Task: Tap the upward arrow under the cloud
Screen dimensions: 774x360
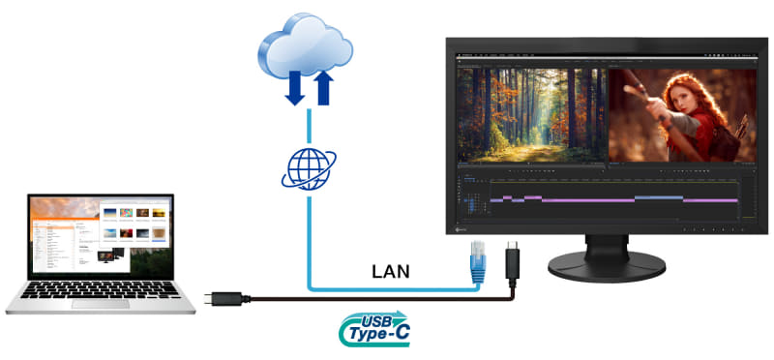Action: click(x=323, y=85)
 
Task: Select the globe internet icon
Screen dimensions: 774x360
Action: click(x=307, y=165)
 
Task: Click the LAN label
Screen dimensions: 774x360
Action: click(x=391, y=272)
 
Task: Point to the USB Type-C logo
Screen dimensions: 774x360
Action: click(x=374, y=329)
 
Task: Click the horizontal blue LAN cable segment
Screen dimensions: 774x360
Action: click(x=387, y=288)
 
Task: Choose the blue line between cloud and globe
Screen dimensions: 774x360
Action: click(x=307, y=126)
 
